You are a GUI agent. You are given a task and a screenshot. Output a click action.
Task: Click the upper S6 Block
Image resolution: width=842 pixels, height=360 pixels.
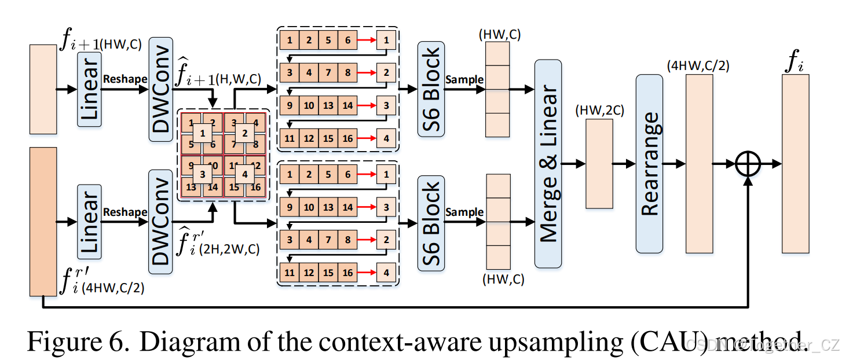pyautogui.click(x=430, y=89)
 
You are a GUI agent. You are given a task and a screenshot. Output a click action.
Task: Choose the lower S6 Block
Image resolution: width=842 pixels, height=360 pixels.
pyautogui.click(x=430, y=222)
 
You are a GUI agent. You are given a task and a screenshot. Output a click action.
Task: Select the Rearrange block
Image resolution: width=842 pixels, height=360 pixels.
pyautogui.click(x=649, y=164)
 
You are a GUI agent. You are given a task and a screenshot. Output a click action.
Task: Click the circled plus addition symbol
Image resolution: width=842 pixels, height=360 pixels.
pyautogui.click(x=748, y=164)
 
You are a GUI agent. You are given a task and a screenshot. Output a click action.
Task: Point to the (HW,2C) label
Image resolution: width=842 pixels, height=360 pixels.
pyautogui.click(x=600, y=111)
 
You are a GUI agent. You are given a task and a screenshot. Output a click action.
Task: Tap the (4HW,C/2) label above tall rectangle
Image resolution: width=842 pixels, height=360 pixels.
pyautogui.click(x=698, y=65)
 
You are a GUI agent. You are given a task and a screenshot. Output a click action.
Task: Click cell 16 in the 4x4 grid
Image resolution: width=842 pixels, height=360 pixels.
pyautogui.click(x=257, y=187)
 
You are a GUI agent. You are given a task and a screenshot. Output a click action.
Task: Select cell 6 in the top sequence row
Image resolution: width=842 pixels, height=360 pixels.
pyautogui.click(x=347, y=41)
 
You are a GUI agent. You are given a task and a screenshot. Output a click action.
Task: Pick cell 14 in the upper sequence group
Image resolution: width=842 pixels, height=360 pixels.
pyautogui.click(x=347, y=106)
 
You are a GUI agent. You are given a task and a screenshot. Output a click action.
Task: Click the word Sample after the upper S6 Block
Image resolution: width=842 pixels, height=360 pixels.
pyautogui.click(x=464, y=79)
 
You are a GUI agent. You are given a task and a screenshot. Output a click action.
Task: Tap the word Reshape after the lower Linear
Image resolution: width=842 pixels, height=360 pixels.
pyautogui.click(x=125, y=212)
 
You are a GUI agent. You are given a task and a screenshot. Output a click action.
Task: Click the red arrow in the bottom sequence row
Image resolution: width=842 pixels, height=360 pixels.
pyautogui.click(x=366, y=272)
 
